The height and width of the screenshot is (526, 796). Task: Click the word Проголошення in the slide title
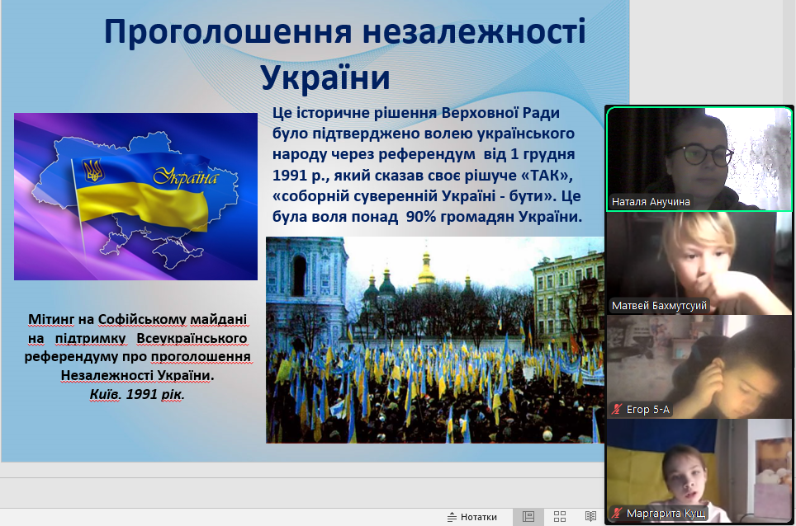pyautogui.click(x=228, y=32)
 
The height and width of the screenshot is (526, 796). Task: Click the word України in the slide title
pyautogui.click(x=325, y=77)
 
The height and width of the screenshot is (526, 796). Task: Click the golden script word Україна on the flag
pyautogui.click(x=187, y=176)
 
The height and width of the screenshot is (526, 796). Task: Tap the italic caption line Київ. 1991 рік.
pyautogui.click(x=137, y=394)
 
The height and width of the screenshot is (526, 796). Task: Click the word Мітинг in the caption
pyautogui.click(x=50, y=319)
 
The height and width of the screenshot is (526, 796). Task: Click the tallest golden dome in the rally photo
pyautogui.click(x=425, y=268)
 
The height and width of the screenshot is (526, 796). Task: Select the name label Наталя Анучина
pyautogui.click(x=651, y=202)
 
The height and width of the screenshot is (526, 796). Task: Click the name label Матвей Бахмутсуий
pyautogui.click(x=659, y=306)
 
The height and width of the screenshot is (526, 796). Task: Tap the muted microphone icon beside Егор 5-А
pyautogui.click(x=617, y=410)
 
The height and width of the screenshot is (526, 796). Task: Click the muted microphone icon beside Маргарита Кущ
pyautogui.click(x=617, y=514)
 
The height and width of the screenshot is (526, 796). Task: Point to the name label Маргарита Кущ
pyautogui.click(x=666, y=514)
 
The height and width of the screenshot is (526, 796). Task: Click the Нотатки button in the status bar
pyautogui.click(x=472, y=517)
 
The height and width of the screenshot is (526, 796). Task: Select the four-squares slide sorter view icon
pyautogui.click(x=560, y=517)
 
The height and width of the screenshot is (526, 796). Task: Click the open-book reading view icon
pyautogui.click(x=590, y=517)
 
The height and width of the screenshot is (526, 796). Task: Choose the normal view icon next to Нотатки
pyautogui.click(x=528, y=517)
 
